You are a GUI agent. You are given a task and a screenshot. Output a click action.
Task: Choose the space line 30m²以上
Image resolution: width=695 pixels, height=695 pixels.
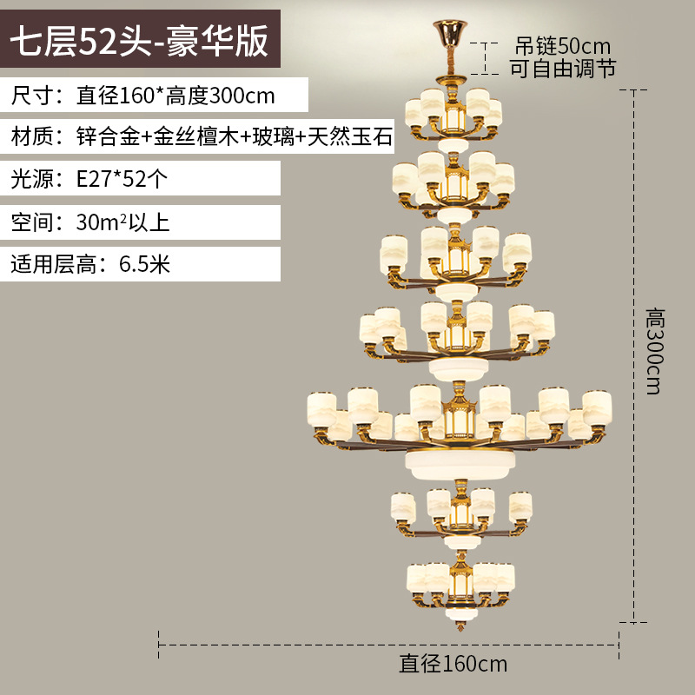(122, 222)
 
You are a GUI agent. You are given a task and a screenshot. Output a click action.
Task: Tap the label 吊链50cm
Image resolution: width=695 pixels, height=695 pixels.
(563, 46)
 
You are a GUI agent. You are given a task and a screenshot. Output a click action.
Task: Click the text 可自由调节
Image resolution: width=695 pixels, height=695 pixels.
(563, 69)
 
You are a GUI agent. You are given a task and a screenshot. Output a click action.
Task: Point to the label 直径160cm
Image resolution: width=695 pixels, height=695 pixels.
(453, 665)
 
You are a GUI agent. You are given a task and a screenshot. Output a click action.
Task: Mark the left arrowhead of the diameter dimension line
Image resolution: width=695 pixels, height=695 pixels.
(162, 645)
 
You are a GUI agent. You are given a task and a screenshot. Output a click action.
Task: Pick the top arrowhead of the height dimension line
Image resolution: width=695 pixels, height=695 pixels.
(639, 91)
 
